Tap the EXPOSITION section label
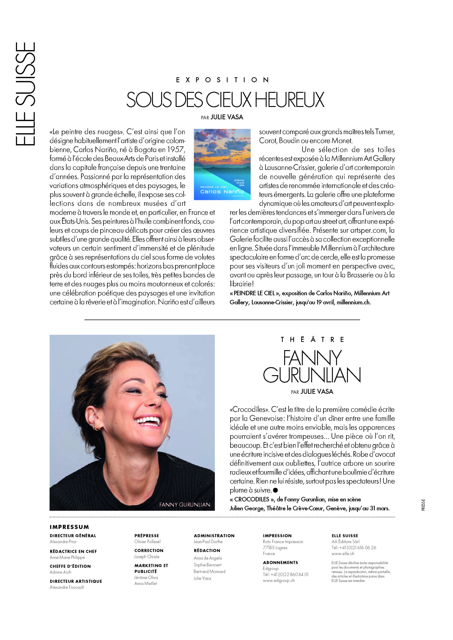tap(222, 80)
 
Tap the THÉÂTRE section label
tap(312, 340)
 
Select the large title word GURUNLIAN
tap(312, 375)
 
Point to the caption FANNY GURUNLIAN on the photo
tap(184, 504)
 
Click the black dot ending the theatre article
tap(276, 490)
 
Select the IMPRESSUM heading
tap(69, 527)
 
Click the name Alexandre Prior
tap(63, 542)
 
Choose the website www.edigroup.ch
tap(279, 580)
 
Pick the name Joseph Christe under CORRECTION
tap(146, 557)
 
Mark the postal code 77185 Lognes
tap(275, 548)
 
